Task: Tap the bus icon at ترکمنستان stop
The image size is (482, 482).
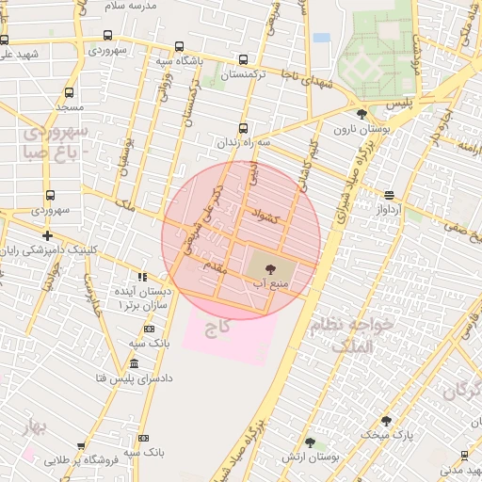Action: point(245,58)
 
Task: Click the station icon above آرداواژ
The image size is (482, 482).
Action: point(389,195)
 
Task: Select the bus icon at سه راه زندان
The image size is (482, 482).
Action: point(243,128)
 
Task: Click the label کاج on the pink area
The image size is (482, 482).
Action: point(224,328)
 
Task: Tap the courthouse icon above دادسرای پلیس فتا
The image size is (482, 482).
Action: point(134,363)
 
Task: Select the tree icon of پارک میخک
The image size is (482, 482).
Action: point(386,421)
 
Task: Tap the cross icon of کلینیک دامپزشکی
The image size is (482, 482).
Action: point(47,235)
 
